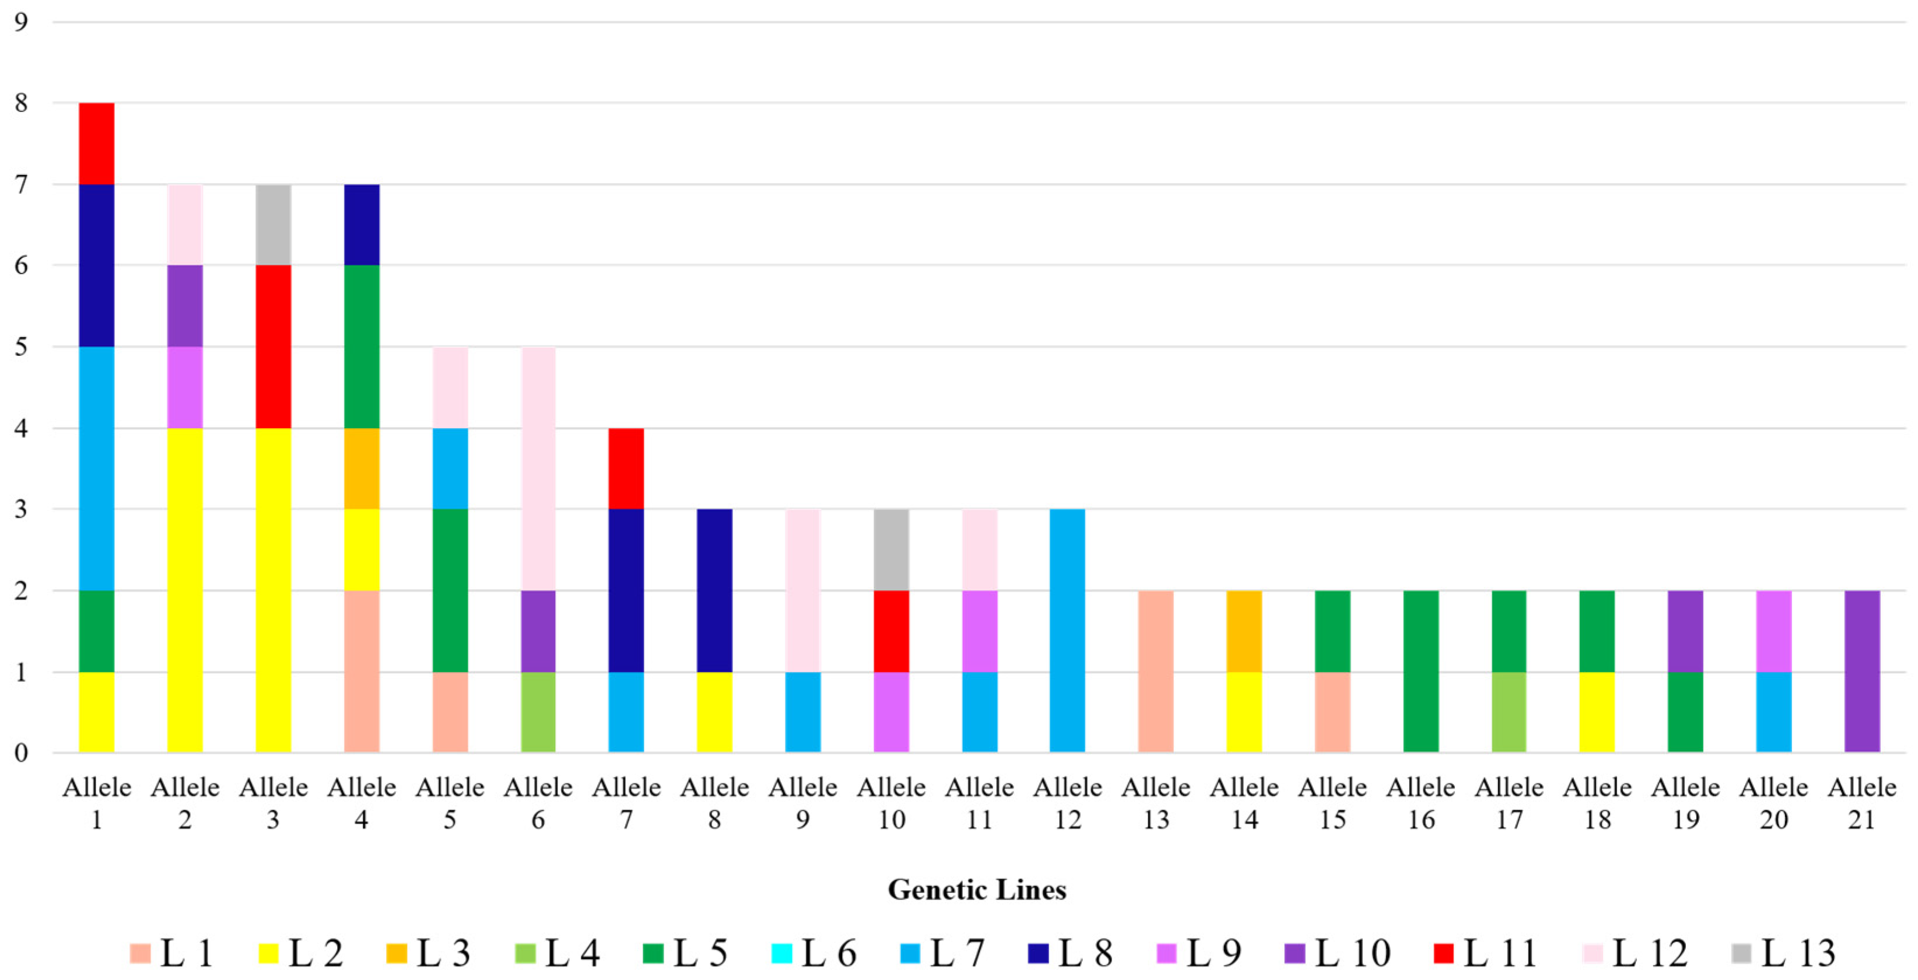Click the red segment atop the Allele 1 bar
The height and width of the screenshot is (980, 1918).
96,143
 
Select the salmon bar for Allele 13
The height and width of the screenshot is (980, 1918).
1156,671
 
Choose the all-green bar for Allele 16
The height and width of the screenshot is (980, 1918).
1421,671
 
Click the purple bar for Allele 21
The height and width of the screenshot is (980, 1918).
1862,671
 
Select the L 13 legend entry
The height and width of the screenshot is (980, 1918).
1784,953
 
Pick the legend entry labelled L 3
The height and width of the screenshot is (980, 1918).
429,953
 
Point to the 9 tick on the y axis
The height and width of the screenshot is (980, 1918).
21,22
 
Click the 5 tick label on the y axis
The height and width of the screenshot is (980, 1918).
21,347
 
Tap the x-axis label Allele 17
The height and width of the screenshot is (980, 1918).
1509,803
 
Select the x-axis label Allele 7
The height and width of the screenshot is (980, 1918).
626,803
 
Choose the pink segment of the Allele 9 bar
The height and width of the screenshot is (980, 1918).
802,590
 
